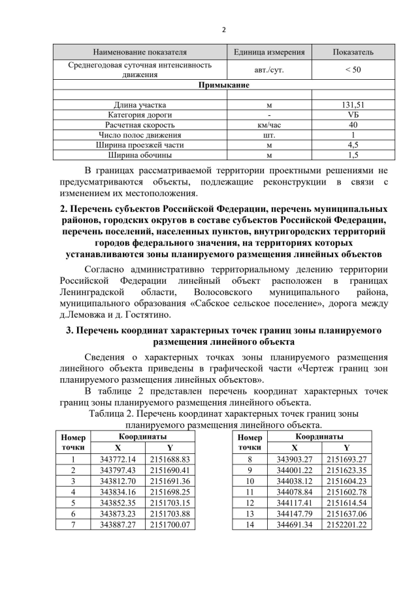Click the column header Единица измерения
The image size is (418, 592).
pyautogui.click(x=269, y=51)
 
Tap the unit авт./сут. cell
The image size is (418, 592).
pyautogui.click(x=269, y=69)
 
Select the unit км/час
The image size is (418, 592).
pyautogui.click(x=269, y=124)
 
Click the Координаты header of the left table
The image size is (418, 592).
pyautogui.click(x=144, y=436)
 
